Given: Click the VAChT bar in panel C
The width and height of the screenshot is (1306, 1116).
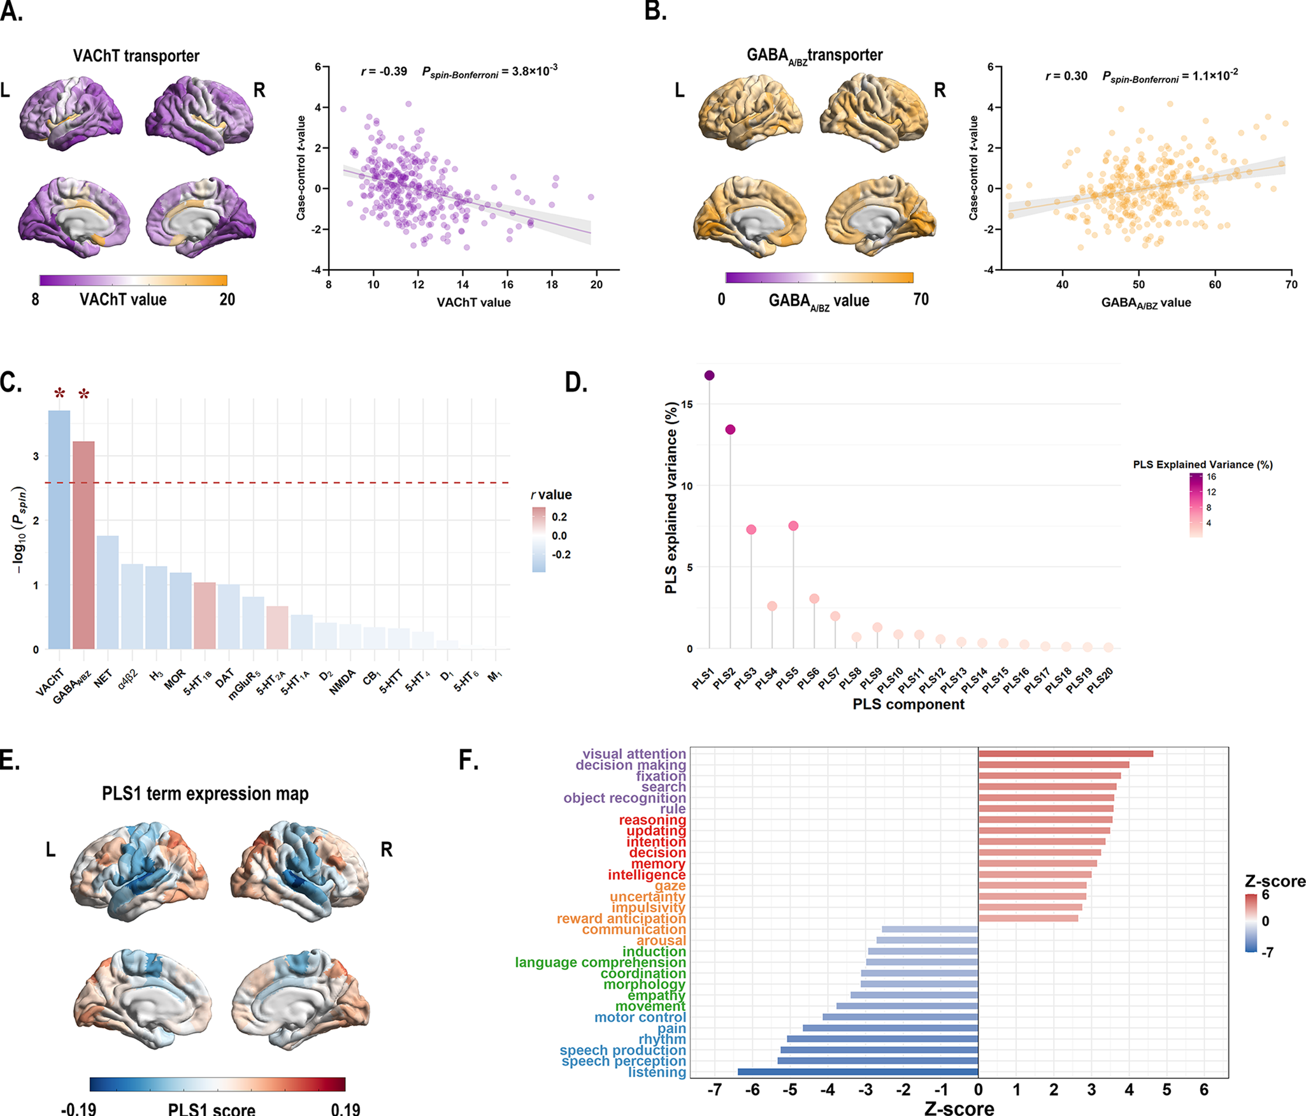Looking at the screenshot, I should (59, 529).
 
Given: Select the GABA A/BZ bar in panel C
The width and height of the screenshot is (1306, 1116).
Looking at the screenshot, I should (83, 545).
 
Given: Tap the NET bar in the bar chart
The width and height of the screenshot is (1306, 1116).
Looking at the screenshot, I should (108, 592).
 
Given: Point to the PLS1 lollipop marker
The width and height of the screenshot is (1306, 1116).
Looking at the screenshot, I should (710, 375).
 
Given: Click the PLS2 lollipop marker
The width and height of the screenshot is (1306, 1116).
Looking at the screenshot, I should (730, 430).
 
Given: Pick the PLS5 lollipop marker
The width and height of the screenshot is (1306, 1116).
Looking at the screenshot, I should (793, 526).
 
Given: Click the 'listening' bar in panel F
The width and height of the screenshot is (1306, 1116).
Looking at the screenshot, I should (858, 1072).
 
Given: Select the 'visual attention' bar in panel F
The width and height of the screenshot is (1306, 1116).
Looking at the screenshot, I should (1065, 754).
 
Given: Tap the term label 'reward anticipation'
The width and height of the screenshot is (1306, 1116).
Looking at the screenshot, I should (621, 918).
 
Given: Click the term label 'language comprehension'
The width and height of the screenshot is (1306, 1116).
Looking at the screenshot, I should (600, 962).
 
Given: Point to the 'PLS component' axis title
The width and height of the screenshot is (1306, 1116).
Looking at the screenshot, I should (908, 704).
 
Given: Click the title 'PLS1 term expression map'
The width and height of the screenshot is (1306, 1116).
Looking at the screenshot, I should (205, 794).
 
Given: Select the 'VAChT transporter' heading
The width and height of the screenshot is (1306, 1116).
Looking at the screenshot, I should (136, 56).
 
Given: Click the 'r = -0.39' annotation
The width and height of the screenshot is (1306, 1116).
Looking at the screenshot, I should (384, 71).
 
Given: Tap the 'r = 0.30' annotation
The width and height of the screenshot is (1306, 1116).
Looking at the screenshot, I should (1066, 76).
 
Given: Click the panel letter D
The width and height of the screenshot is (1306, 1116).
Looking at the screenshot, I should (576, 382).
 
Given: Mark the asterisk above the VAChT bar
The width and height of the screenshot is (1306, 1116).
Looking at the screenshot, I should (59, 393).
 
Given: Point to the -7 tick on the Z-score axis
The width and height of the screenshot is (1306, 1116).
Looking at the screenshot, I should (715, 1090).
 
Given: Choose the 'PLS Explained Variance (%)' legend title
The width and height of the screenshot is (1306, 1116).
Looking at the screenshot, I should (1202, 465).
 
